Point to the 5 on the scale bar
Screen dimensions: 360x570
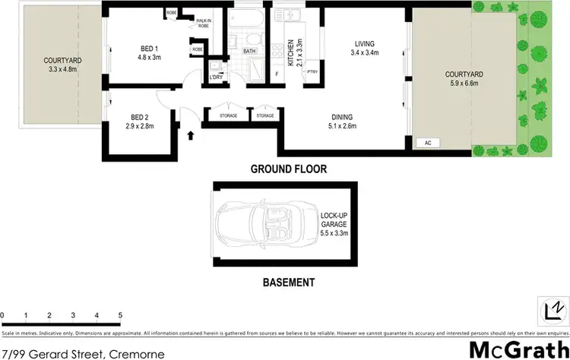coord(120,314)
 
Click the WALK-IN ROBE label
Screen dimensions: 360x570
coord(203,23)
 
